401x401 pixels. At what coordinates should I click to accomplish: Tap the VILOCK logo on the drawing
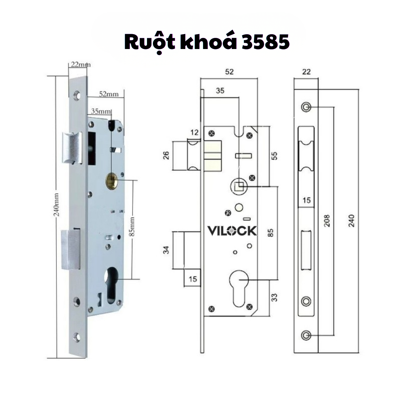[232, 231]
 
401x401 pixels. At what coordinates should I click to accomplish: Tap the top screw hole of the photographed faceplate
[77, 95]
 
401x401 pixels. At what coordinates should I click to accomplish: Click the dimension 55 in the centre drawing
[275, 155]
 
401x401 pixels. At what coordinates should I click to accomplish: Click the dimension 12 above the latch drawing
[195, 132]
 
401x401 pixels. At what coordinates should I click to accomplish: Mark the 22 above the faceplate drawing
[306, 72]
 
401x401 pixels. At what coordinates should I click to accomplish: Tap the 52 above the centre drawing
[229, 72]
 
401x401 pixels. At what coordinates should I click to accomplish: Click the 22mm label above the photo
[80, 64]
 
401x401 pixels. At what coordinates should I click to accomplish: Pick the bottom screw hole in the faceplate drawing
[306, 335]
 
